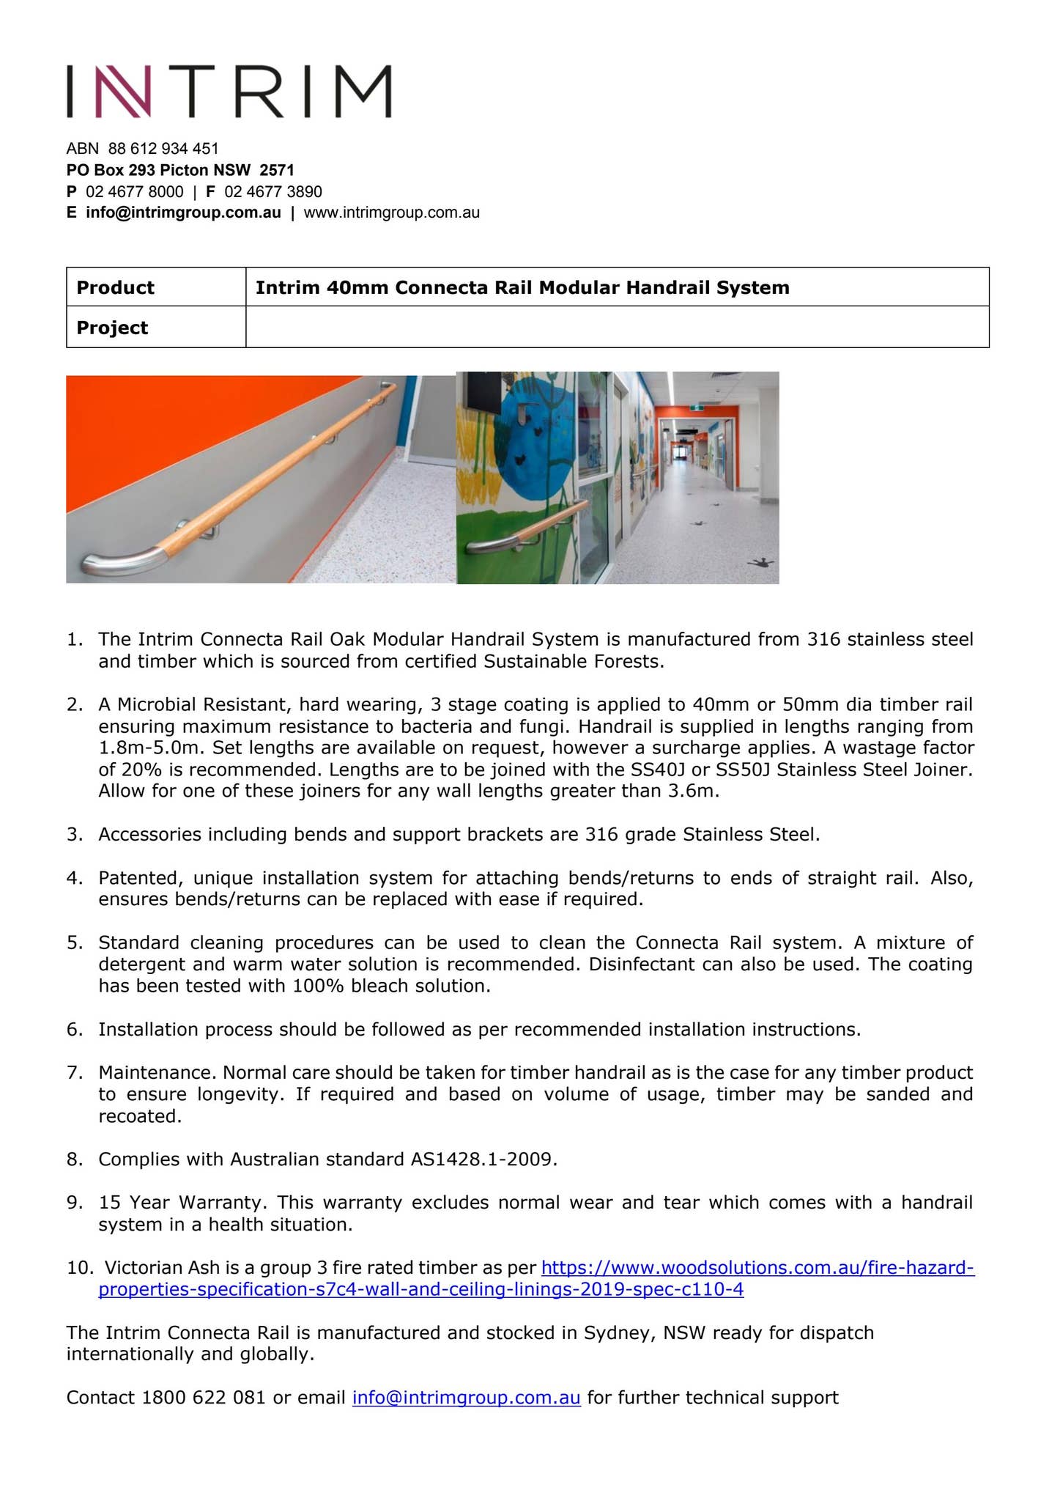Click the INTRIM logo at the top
(229, 91)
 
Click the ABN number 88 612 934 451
(163, 149)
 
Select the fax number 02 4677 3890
(273, 192)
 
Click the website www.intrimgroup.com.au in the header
(392, 213)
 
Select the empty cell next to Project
(617, 327)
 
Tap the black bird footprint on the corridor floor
(762, 563)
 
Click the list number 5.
(73, 943)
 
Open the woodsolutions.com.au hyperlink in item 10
(757, 1268)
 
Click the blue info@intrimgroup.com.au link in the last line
(467, 1398)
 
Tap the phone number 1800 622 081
(203, 1398)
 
